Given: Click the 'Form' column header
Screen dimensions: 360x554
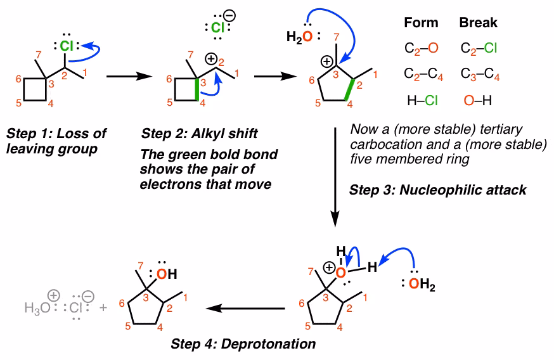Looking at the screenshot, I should point(421,23).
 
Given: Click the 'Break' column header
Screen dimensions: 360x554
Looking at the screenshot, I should point(478,23).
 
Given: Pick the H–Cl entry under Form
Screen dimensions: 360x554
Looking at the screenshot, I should point(422,100).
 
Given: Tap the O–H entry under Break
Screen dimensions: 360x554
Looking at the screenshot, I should point(479,100).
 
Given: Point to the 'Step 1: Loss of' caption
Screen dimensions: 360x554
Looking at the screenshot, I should point(56,134).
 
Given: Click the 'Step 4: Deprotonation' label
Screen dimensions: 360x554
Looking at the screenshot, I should point(243,344).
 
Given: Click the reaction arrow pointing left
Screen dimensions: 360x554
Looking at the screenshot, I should point(247,309).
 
